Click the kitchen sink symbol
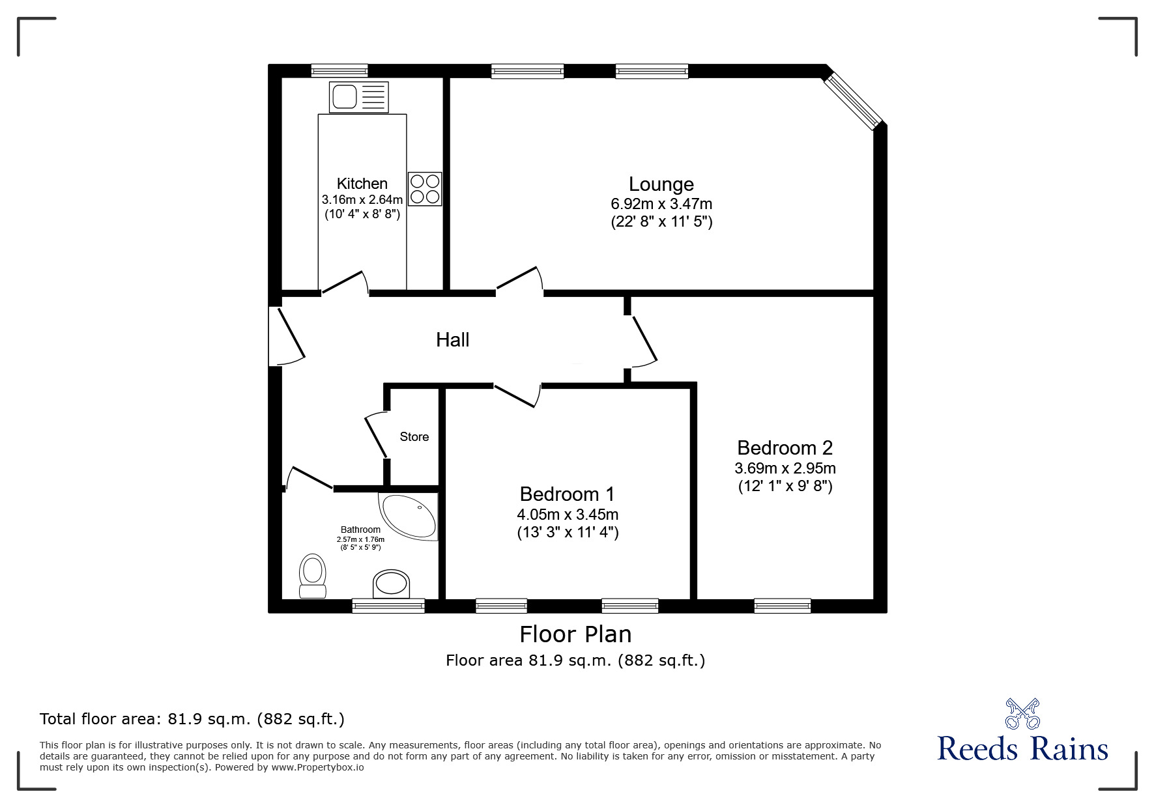pyautogui.click(x=358, y=97)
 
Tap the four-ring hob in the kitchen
pyautogui.click(x=425, y=189)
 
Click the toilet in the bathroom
pyautogui.click(x=312, y=576)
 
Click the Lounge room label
pyautogui.click(x=661, y=184)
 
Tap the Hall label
pyautogui.click(x=452, y=339)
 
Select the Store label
pyautogui.click(x=414, y=436)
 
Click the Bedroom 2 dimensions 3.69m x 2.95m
pyautogui.click(x=785, y=468)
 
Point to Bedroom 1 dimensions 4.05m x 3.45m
pyautogui.click(x=567, y=514)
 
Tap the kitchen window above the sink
pyautogui.click(x=339, y=70)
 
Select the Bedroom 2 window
pyautogui.click(x=782, y=606)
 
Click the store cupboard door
pyautogui.click(x=377, y=435)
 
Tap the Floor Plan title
pyautogui.click(x=575, y=634)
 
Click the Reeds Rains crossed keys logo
pyautogui.click(x=1022, y=713)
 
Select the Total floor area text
pyautogui.click(x=192, y=719)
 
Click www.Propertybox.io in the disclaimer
pyautogui.click(x=317, y=767)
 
